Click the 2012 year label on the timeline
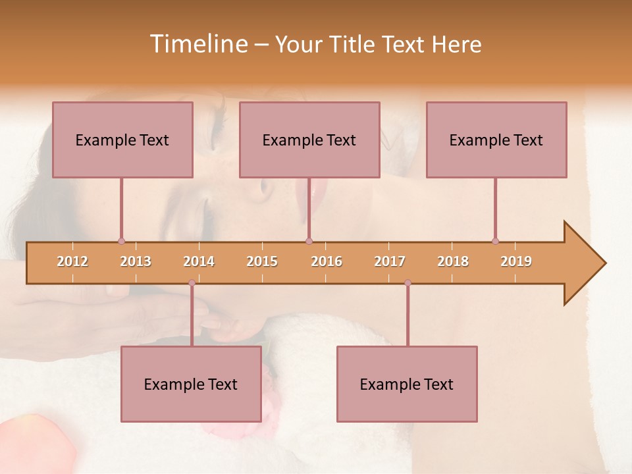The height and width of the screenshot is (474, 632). [72, 261]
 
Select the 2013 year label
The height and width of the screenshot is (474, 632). [136, 261]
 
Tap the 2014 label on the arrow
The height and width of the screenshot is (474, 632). [199, 261]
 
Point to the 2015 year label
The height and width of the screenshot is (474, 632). [262, 261]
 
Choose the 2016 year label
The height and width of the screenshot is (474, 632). [327, 261]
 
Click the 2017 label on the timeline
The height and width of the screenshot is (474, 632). [390, 261]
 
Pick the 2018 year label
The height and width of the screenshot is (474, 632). [453, 261]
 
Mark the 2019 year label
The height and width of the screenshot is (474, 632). [516, 261]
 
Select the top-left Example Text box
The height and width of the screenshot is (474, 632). [122, 140]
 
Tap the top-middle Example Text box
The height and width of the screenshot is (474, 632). [309, 140]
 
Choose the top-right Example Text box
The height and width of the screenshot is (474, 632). [496, 140]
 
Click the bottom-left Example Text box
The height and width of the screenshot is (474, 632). [191, 384]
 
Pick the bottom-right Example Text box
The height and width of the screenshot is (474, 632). [407, 384]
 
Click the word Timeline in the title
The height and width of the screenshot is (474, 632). [197, 44]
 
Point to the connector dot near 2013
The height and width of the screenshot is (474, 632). [121, 241]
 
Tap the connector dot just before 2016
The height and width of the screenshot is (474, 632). [309, 241]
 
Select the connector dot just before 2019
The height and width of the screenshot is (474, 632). [495, 241]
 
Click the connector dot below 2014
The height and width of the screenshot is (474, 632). [192, 283]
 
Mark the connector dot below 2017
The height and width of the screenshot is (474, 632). [408, 283]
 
